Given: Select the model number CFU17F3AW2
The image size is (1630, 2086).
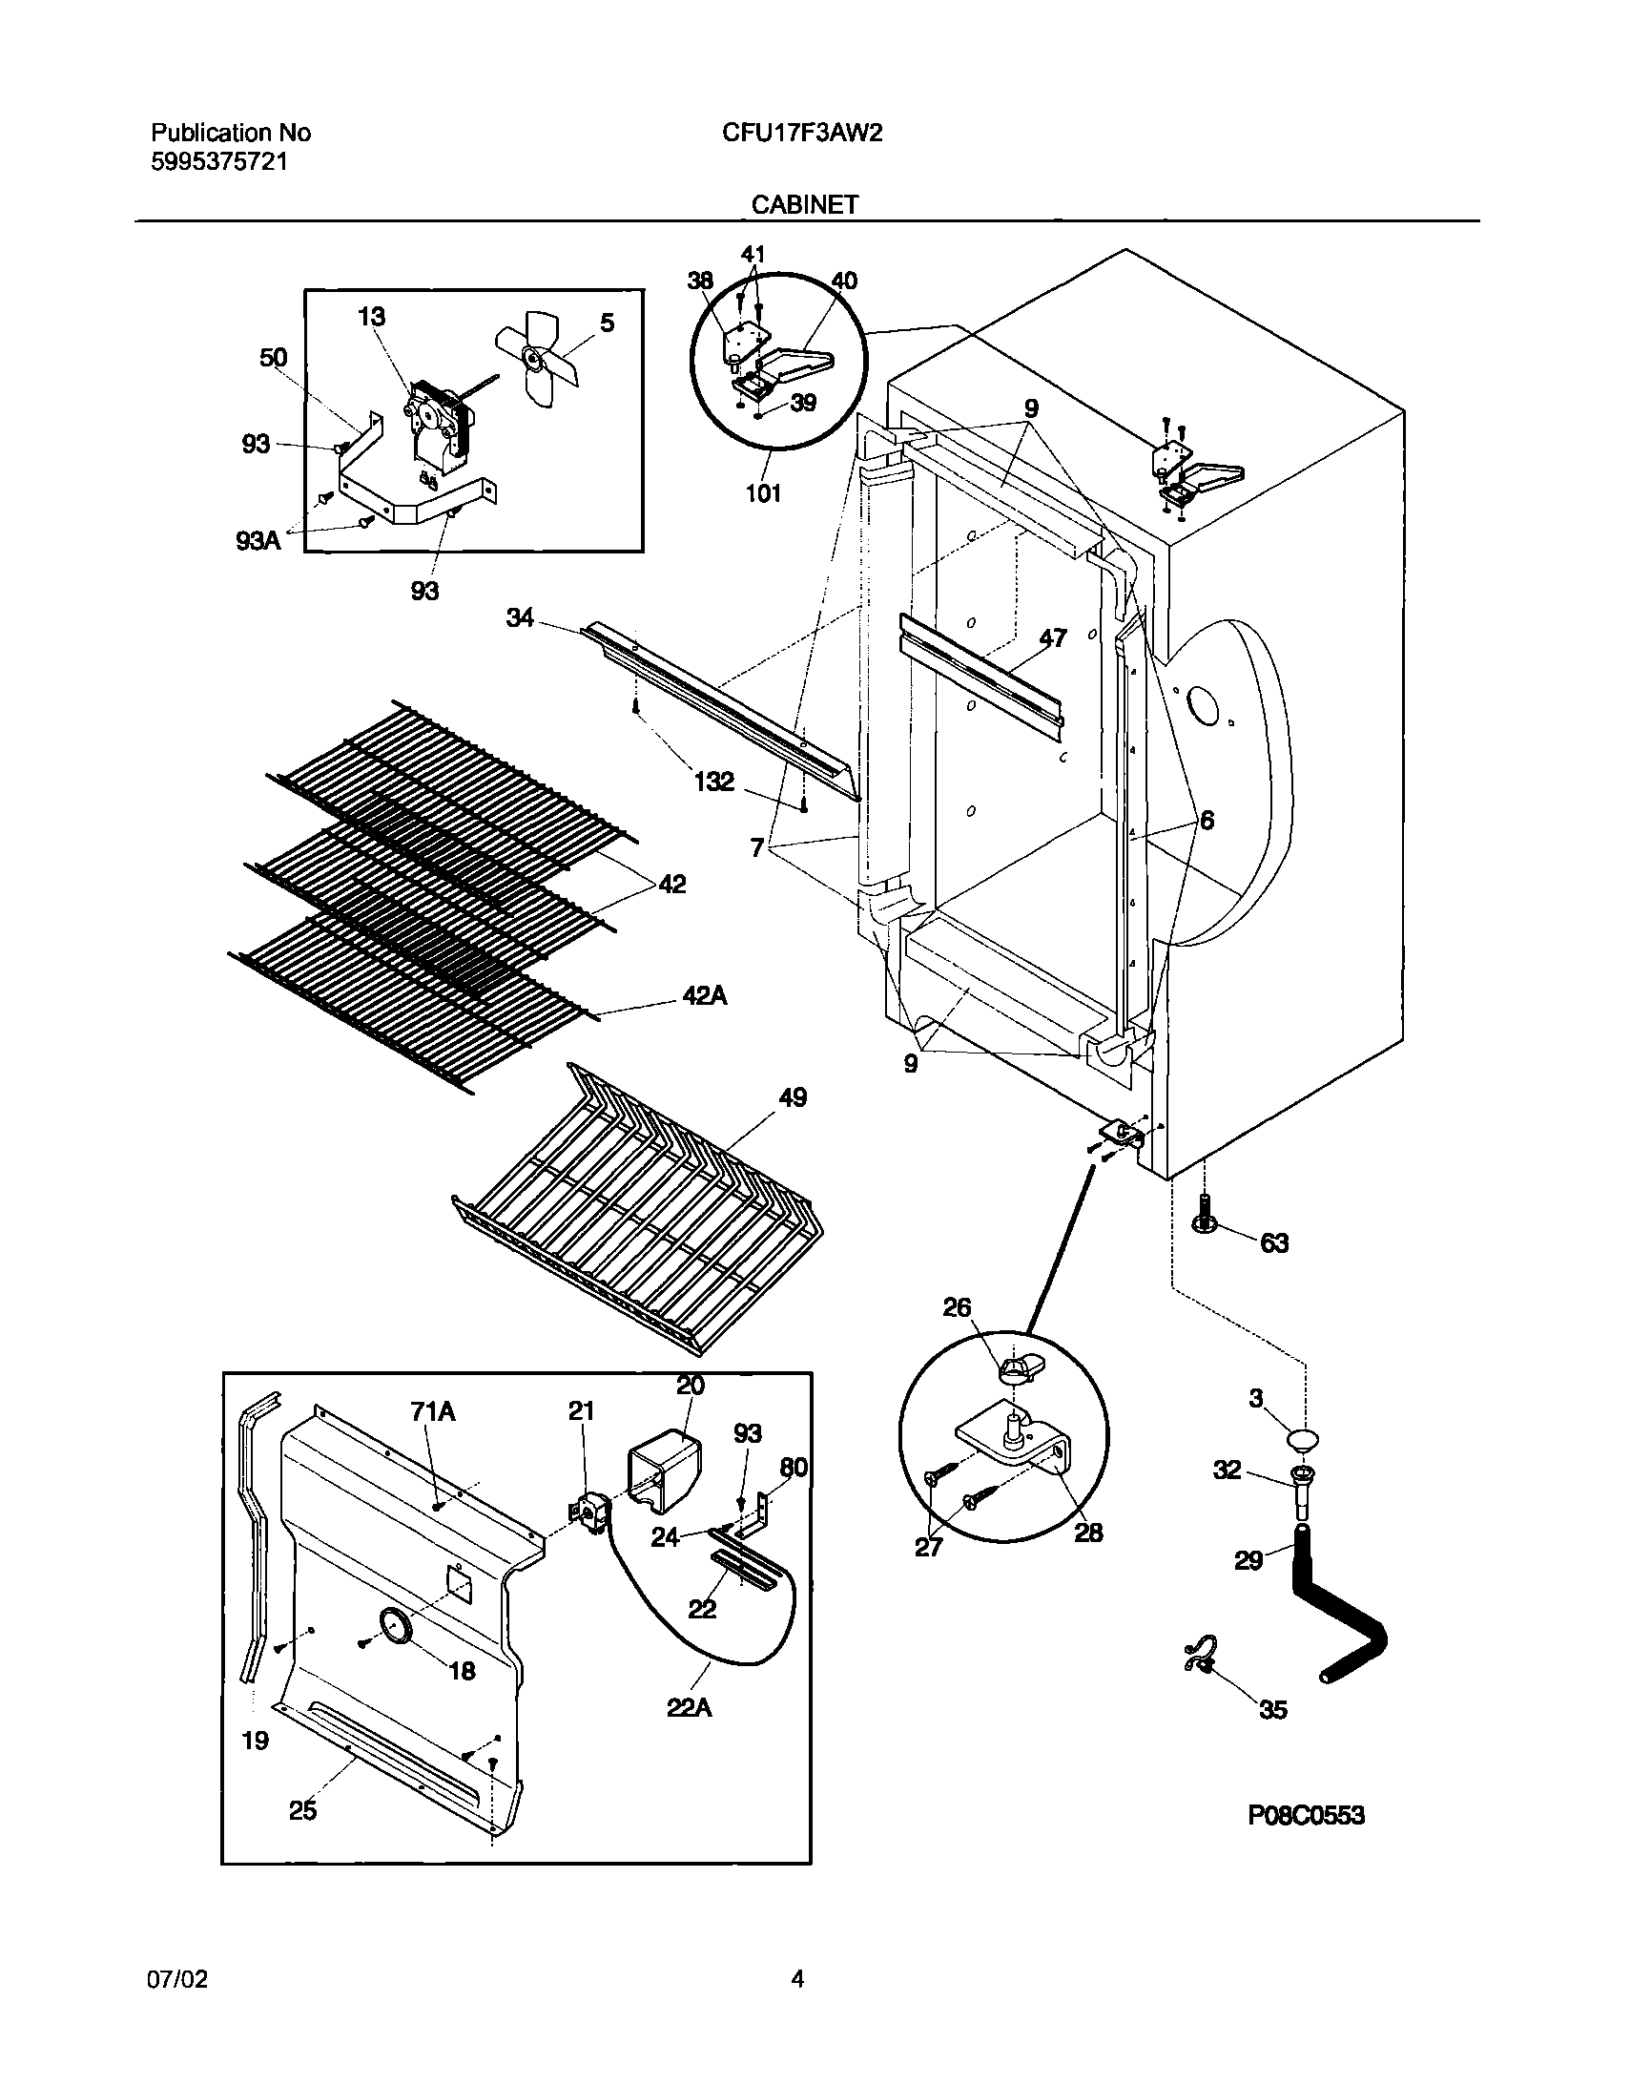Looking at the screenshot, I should point(802,133).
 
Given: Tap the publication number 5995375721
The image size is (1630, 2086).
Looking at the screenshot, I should point(218,161).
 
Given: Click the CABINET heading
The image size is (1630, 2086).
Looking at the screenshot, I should point(805,204).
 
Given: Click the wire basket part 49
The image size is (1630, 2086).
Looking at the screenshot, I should point(640,1213).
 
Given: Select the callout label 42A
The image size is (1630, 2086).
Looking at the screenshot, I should point(705,996).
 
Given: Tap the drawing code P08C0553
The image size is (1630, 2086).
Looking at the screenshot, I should point(1307,1815).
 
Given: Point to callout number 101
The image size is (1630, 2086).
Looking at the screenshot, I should point(763,492).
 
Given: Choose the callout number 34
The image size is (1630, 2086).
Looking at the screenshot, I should point(520,618).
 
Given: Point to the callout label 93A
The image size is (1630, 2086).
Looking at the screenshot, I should point(258,542).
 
